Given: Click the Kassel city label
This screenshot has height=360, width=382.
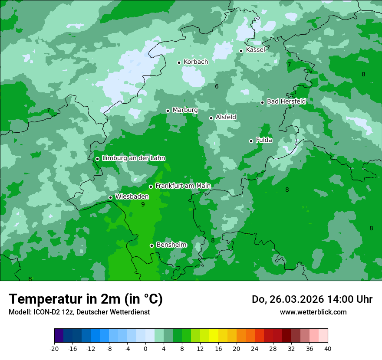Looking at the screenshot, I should coord(255,50).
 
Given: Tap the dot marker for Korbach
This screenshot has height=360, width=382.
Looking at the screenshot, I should coord(179,62).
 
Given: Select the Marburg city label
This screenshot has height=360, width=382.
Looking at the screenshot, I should coord(185,110).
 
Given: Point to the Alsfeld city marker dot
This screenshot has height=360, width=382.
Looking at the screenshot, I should coord(211,118).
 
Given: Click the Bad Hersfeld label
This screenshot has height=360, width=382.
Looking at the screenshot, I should coord(286,101).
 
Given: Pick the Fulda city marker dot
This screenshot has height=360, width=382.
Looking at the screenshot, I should coord(251,141).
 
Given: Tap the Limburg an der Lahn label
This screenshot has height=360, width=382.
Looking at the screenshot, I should coord(133,158).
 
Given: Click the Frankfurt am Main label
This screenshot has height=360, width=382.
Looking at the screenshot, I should coord(183,186).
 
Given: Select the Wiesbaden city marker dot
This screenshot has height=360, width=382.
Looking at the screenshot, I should coord(110,198).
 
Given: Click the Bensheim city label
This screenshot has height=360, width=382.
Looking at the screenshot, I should coord(171,245).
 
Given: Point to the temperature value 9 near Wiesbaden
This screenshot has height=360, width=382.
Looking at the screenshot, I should coord(143,204).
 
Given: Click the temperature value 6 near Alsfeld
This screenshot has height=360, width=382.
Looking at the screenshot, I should coord(217,87).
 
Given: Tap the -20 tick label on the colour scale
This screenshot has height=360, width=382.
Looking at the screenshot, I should coord(54,348).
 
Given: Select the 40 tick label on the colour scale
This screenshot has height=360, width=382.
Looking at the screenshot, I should coord(328,348).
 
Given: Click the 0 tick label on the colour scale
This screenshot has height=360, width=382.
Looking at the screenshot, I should coord(145,348).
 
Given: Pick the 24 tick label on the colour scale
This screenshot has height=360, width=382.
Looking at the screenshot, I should coord(255,348).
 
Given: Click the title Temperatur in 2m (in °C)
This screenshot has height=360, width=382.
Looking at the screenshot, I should coord(86,299).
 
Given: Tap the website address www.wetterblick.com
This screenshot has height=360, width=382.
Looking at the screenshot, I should coord(313,312).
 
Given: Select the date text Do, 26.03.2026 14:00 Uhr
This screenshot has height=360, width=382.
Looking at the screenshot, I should coord(312,299).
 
